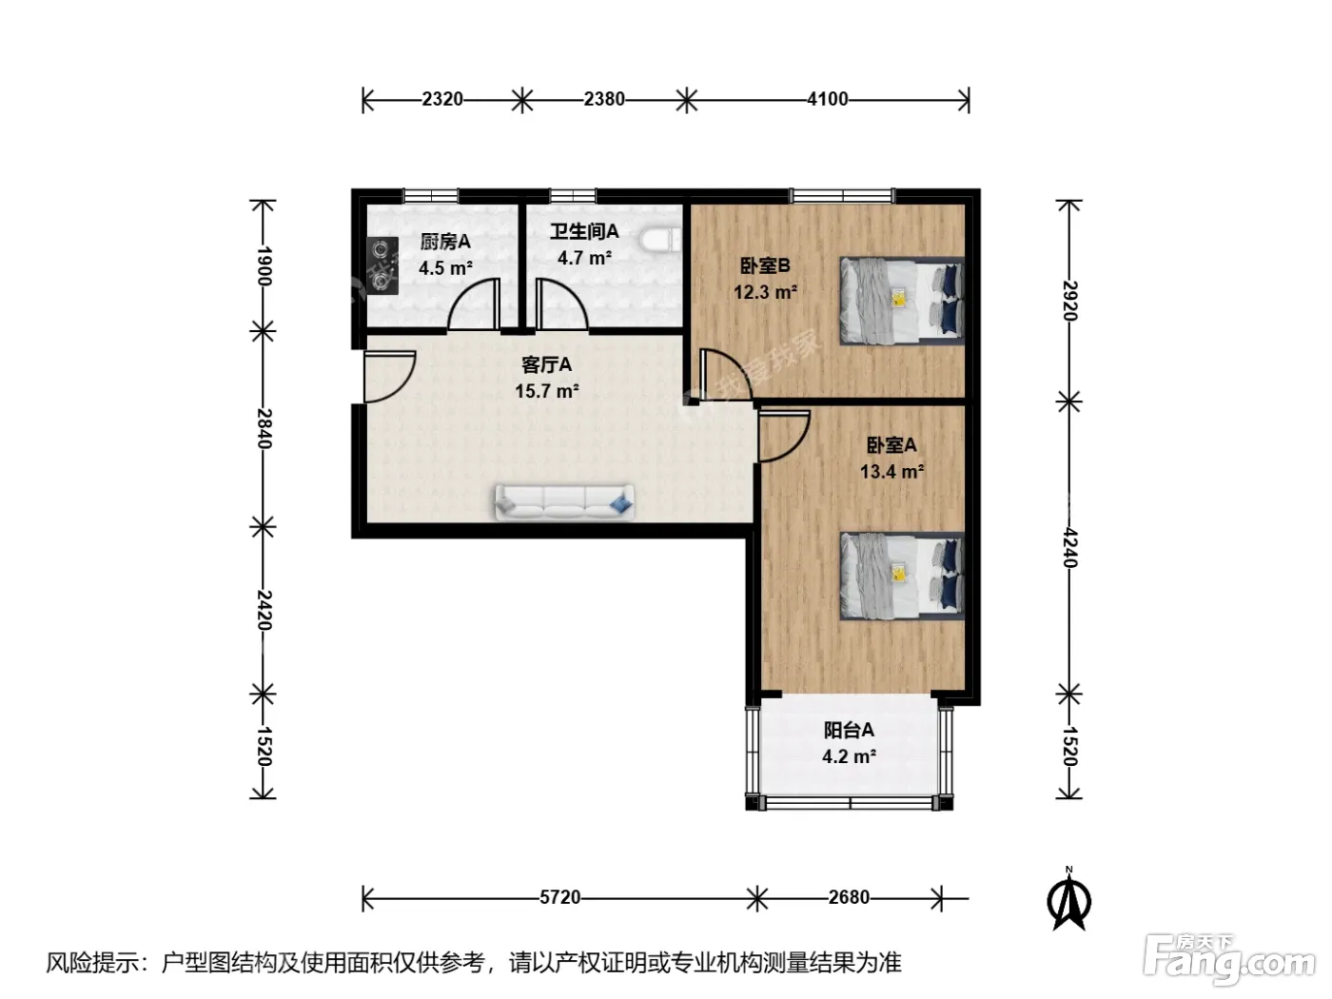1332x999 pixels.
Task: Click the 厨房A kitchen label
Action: coord(445,242)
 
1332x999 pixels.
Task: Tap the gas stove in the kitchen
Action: coord(382,265)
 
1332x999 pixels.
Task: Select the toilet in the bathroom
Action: coord(660,239)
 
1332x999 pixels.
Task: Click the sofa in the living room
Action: coord(564,502)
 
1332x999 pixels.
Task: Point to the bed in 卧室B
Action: coord(902,301)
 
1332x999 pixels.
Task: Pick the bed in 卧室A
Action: coord(902,576)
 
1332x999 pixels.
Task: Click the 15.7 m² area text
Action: coord(547,391)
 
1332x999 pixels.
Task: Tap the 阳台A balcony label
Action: coord(849,730)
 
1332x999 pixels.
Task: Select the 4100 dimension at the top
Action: coord(827,99)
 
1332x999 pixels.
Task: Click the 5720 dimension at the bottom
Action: coord(559,897)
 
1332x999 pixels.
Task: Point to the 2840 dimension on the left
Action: coord(264,428)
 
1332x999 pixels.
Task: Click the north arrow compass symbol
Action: coord(1068,899)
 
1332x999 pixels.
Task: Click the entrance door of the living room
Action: coord(389,377)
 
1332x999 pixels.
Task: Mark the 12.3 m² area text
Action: coord(765,292)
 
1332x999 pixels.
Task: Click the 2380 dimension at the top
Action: coord(604,99)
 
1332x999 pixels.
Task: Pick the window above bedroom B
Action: coord(842,196)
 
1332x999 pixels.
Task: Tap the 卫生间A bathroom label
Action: coord(584,232)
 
